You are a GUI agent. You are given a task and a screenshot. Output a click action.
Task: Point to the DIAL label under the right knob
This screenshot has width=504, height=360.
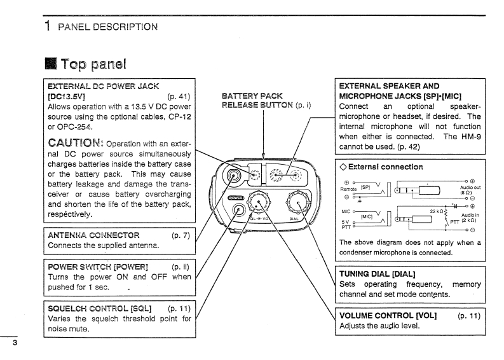(x=294, y=219)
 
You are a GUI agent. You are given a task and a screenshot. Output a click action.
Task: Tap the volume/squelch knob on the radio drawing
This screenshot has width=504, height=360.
(x=259, y=202)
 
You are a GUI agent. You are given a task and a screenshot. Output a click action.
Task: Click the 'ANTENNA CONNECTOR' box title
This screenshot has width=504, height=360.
(x=93, y=235)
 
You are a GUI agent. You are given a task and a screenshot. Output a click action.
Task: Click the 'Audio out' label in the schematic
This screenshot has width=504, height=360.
(x=470, y=188)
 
